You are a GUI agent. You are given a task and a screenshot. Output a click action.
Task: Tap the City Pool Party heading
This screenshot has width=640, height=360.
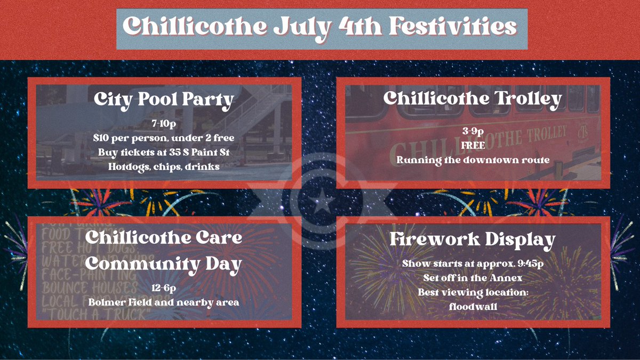pos(163,99)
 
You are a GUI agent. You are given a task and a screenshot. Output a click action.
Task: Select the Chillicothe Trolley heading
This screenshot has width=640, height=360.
pos(473,98)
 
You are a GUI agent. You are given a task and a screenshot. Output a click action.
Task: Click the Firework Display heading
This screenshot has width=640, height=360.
pos(473,239)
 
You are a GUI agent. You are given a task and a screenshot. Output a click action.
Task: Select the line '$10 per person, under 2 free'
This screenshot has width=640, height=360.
pos(163,139)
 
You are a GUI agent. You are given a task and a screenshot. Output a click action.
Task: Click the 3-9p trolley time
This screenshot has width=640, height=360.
pos(473,131)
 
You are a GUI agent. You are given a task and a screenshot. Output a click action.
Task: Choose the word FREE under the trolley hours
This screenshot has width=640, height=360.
pos(473,145)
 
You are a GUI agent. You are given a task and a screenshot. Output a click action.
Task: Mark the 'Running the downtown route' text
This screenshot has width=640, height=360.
pos(473,159)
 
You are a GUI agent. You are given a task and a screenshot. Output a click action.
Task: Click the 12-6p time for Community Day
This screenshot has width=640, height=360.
pos(163,289)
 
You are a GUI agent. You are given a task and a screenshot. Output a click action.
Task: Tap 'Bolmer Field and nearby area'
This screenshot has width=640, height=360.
pos(163,302)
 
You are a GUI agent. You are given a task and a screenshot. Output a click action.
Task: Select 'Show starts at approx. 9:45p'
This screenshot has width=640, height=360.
pos(473,264)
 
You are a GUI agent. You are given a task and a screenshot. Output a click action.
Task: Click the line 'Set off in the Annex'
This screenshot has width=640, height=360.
pos(473,278)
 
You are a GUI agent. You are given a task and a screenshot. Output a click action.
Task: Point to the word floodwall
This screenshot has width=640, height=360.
pos(473,306)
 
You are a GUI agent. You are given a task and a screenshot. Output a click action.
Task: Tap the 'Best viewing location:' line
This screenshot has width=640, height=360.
pos(473,292)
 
